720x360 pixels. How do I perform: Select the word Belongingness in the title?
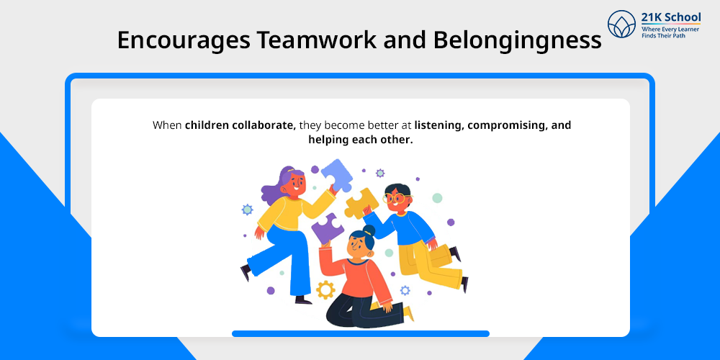click(517, 41)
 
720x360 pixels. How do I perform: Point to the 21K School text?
click(671, 17)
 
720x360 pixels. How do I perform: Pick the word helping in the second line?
click(328, 140)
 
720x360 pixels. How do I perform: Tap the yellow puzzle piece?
click(361, 202)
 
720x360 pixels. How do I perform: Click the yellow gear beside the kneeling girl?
click(325, 289)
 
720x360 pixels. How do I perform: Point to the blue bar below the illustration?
click(361, 334)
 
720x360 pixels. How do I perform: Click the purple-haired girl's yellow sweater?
click(289, 210)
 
